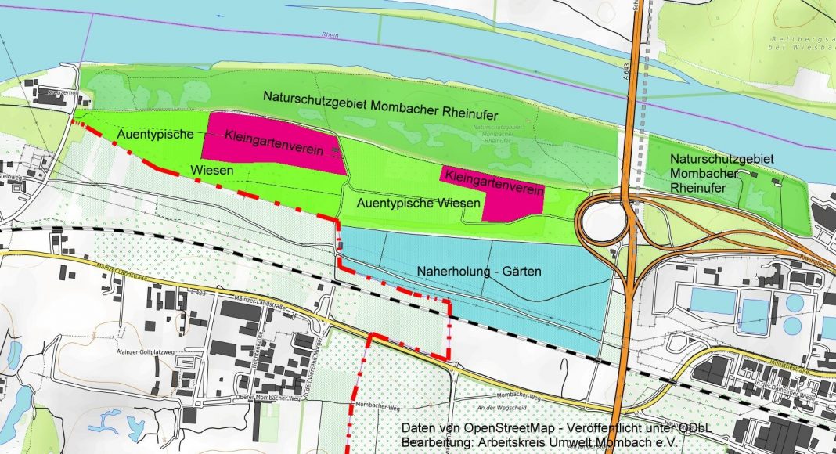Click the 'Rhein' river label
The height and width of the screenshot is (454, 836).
click(x=330, y=35)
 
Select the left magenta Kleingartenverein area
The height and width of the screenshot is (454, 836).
click(x=274, y=143)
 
